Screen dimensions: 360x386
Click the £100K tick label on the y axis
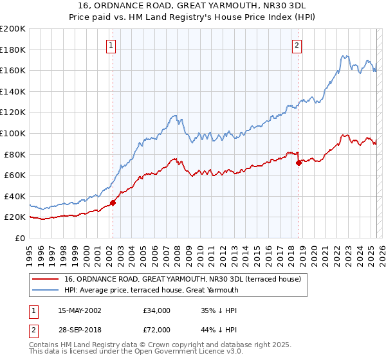click(x=12, y=133)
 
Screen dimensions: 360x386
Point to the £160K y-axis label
click(x=12, y=70)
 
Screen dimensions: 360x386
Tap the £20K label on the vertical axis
click(x=15, y=217)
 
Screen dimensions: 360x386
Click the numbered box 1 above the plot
click(x=112, y=46)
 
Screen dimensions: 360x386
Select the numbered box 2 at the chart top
click(x=297, y=46)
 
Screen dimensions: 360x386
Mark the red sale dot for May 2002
click(x=113, y=203)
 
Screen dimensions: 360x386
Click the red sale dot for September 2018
click(x=299, y=163)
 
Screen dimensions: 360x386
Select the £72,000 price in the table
click(x=157, y=329)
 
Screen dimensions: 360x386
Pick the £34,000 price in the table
click(x=157, y=310)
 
